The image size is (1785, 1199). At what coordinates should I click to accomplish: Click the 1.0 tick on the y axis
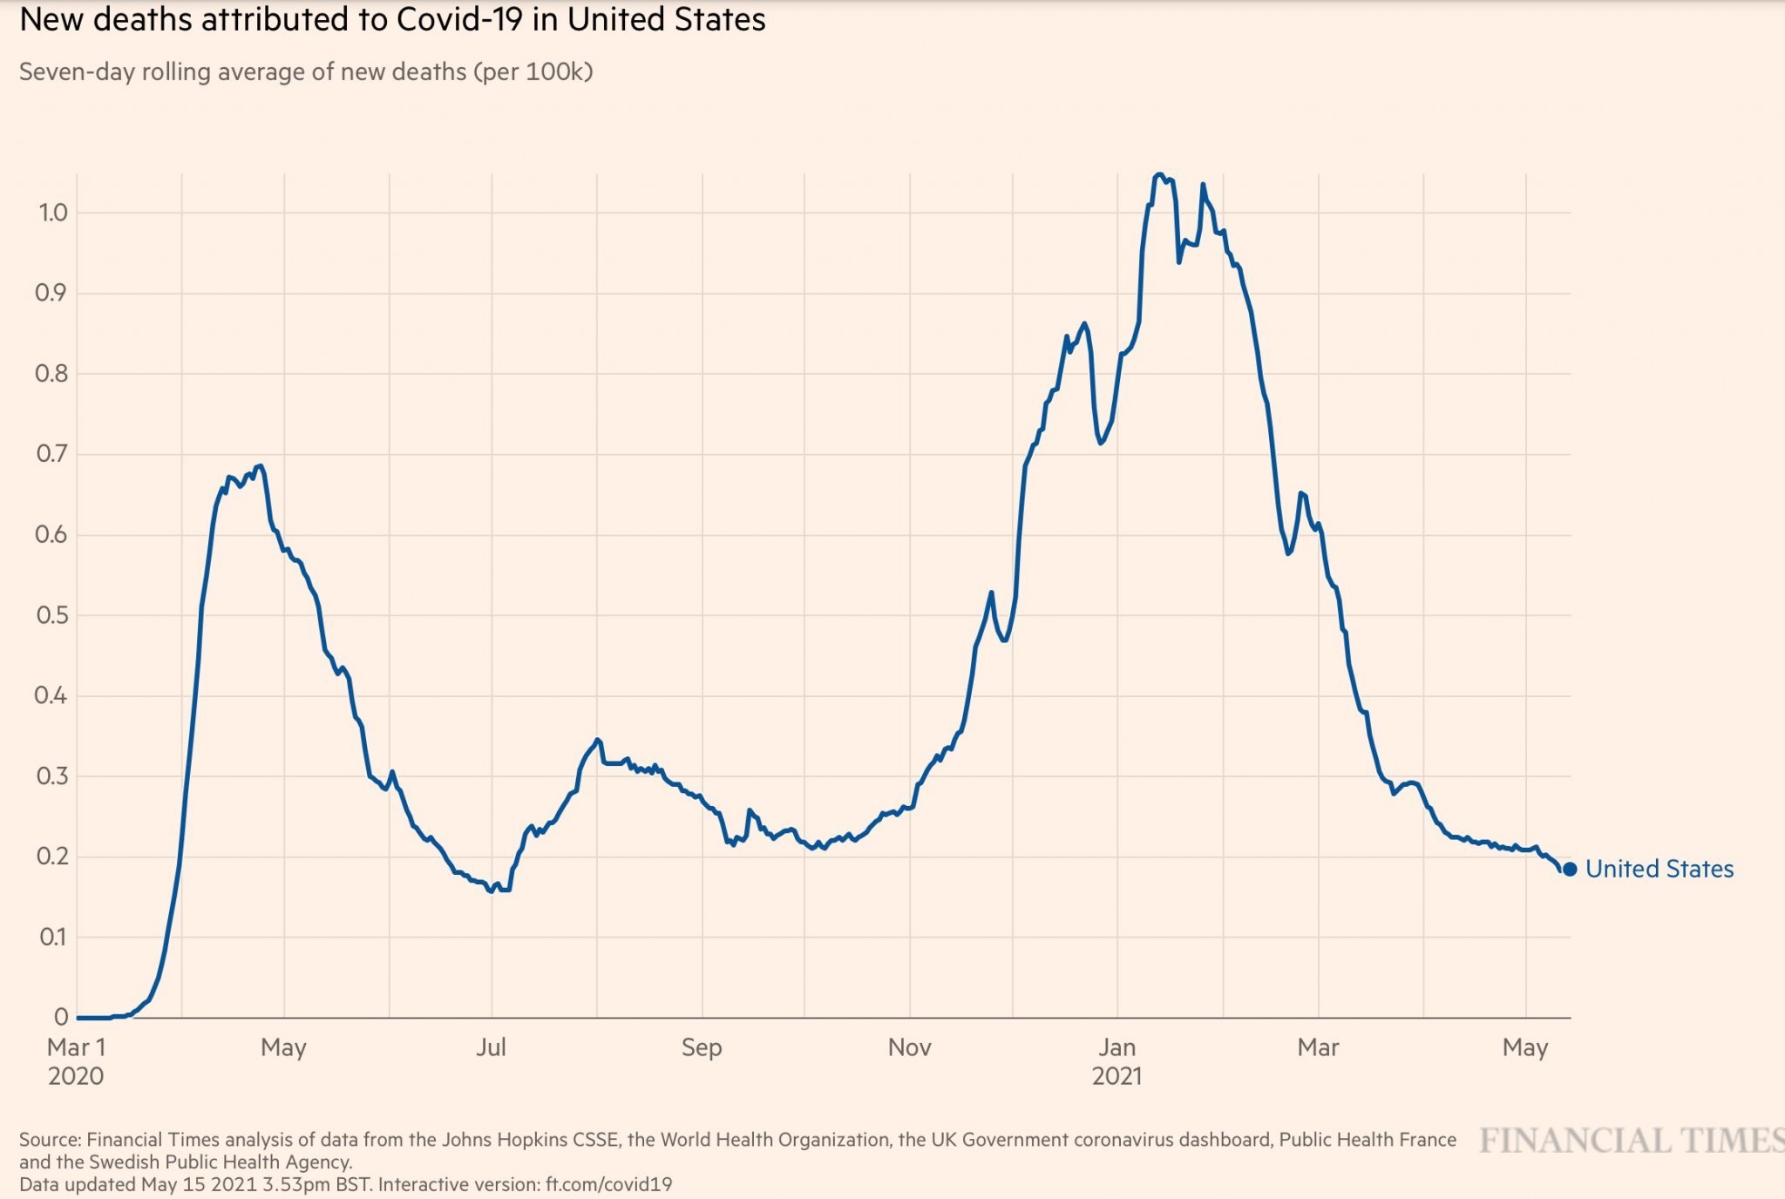pos(53,213)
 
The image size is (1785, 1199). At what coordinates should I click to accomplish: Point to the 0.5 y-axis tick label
pos(51,615)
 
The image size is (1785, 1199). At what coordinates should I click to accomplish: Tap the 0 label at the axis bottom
pos(61,1017)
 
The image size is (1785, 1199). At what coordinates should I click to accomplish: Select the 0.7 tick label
pos(51,454)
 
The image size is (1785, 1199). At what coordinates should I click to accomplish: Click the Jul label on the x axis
pos(491,1047)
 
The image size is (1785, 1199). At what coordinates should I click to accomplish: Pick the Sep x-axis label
pos(702,1047)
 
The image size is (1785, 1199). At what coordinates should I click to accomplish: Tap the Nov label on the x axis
pos(909,1047)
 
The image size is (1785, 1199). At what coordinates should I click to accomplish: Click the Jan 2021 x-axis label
pos(1116,1060)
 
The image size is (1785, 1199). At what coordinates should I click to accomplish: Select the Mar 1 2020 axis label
pos(76,1060)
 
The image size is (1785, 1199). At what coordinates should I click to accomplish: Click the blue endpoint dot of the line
pos(1570,869)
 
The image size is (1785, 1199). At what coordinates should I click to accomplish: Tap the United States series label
pos(1659,869)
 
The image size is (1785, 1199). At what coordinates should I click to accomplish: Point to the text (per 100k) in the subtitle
pos(533,71)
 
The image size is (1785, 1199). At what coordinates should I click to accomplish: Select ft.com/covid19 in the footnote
pos(608,1185)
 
